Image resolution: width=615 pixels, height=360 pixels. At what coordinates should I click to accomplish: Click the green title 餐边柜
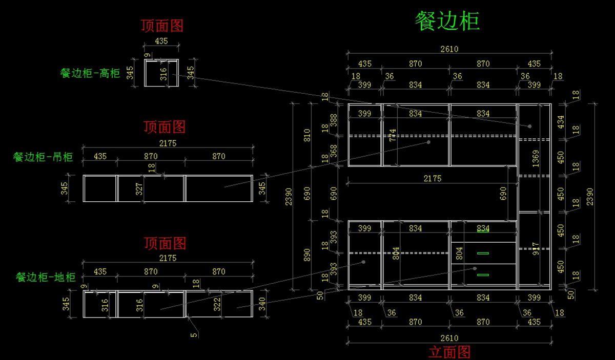click(x=447, y=22)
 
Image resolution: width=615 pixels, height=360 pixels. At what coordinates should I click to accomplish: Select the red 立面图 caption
click(x=449, y=352)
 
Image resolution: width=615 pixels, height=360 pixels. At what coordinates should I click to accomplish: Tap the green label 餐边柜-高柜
click(x=90, y=73)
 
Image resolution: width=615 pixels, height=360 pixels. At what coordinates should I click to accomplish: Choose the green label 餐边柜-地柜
click(x=46, y=278)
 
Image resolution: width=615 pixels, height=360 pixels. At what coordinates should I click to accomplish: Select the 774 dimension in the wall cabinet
click(x=393, y=135)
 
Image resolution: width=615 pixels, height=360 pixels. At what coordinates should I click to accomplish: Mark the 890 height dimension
click(x=307, y=255)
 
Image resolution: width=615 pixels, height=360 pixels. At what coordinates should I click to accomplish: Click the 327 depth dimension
click(x=138, y=188)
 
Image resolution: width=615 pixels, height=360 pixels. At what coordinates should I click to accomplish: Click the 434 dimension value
click(x=561, y=121)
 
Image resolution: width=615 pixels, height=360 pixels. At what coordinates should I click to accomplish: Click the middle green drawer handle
click(x=483, y=253)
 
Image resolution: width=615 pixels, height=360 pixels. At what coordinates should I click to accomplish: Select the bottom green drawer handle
click(x=483, y=275)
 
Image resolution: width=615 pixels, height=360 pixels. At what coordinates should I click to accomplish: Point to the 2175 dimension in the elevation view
click(x=432, y=179)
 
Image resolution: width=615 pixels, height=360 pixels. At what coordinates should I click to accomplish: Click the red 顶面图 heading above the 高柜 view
click(x=162, y=26)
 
